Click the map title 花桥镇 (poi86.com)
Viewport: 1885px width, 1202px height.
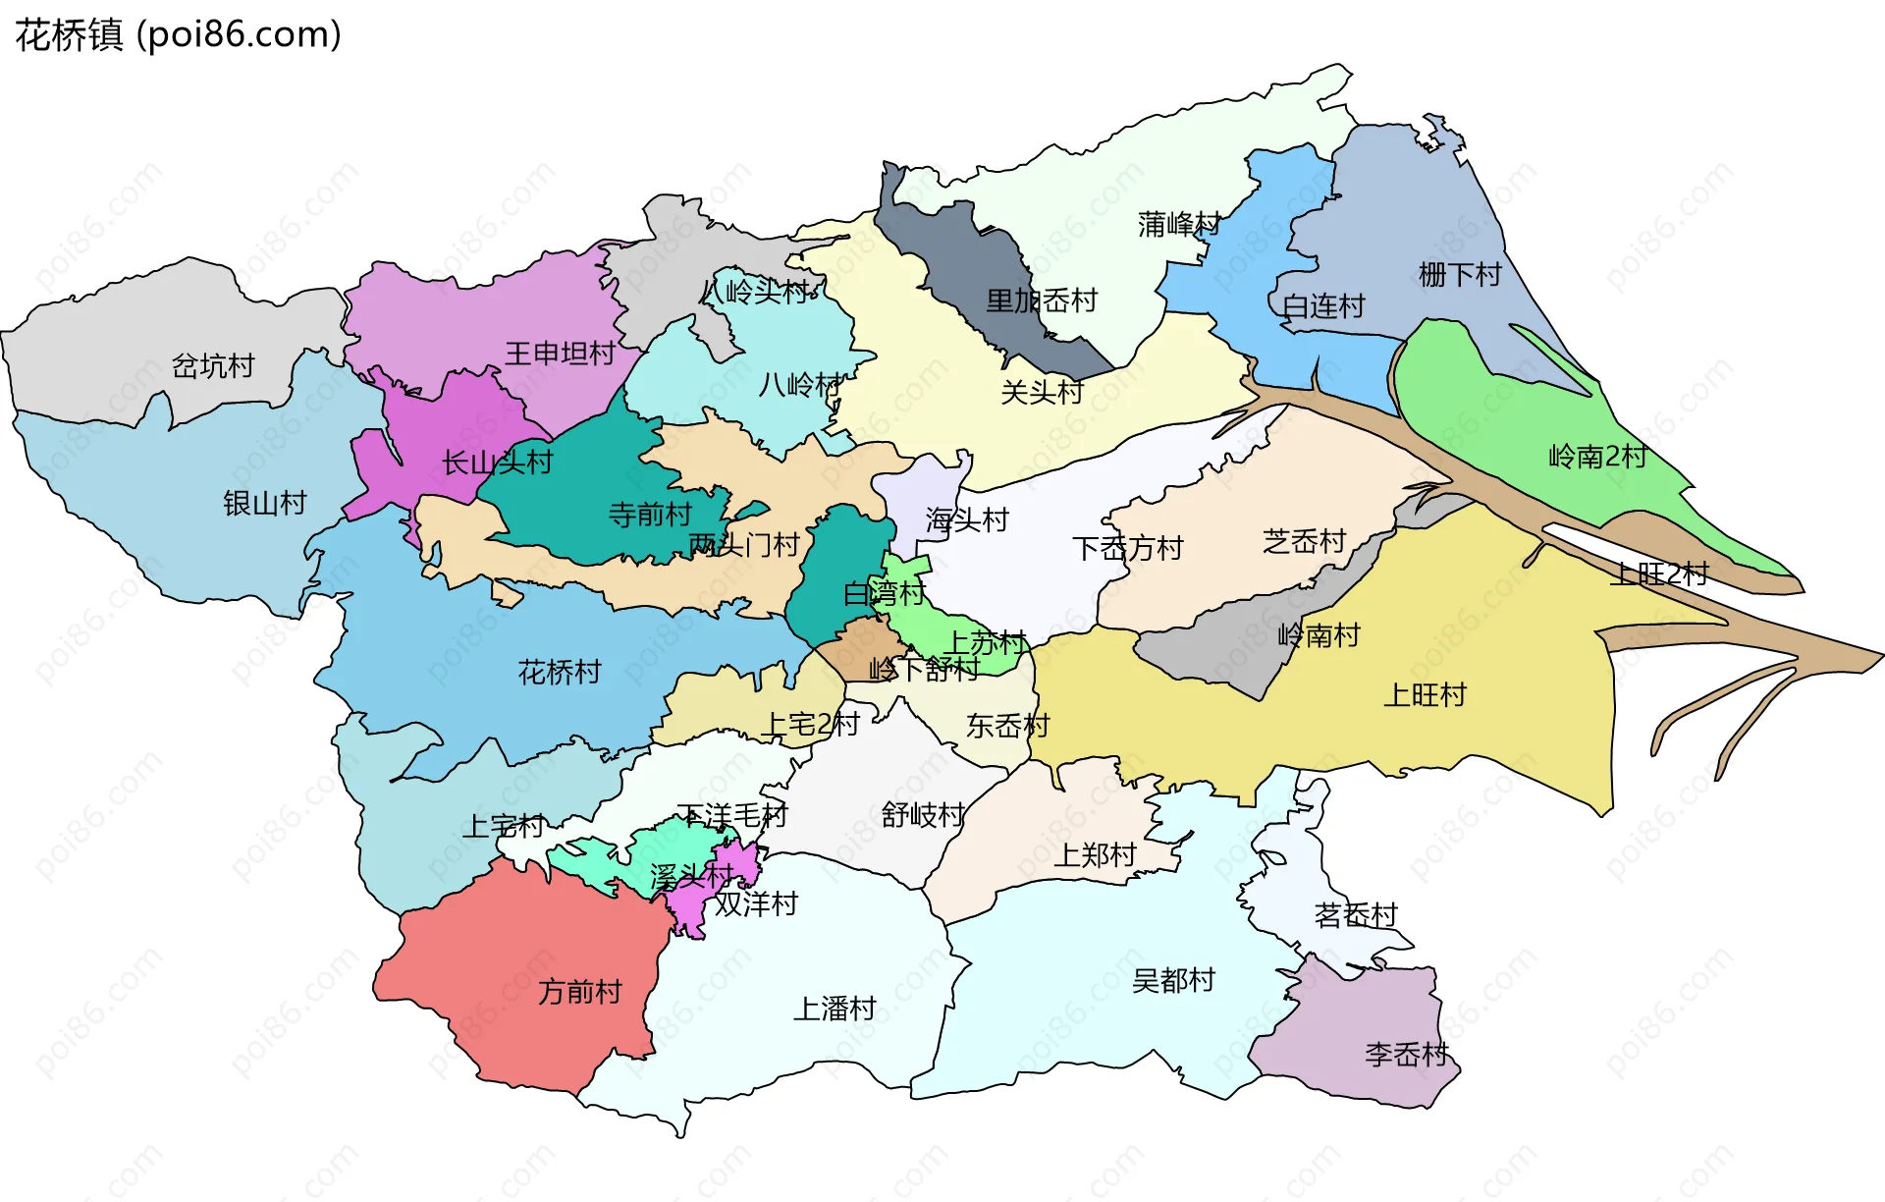(x=178, y=34)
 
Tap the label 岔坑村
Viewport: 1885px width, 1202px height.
(x=213, y=366)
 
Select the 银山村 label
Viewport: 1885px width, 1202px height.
(x=265, y=504)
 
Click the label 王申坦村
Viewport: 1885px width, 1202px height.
(x=560, y=354)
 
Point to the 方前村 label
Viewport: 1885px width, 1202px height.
(x=580, y=992)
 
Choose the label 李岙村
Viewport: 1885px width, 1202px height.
(x=1407, y=1055)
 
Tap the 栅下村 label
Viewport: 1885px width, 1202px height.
(x=1460, y=275)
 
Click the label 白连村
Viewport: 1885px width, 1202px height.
(x=1323, y=306)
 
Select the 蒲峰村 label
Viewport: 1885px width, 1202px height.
(x=1179, y=225)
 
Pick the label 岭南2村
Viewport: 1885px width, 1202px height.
(x=1597, y=457)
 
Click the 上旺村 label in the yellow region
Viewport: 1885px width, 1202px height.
(x=1425, y=695)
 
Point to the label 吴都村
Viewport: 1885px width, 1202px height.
(x=1173, y=980)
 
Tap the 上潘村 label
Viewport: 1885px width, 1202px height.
(x=835, y=1009)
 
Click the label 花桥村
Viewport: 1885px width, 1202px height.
(x=560, y=673)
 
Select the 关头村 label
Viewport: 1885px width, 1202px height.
(x=1042, y=393)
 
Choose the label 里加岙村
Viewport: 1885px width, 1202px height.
(x=1042, y=300)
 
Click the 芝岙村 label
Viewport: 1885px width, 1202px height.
(x=1304, y=541)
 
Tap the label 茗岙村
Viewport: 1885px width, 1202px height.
(x=1356, y=915)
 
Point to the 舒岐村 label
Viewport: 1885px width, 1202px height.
(x=923, y=815)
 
